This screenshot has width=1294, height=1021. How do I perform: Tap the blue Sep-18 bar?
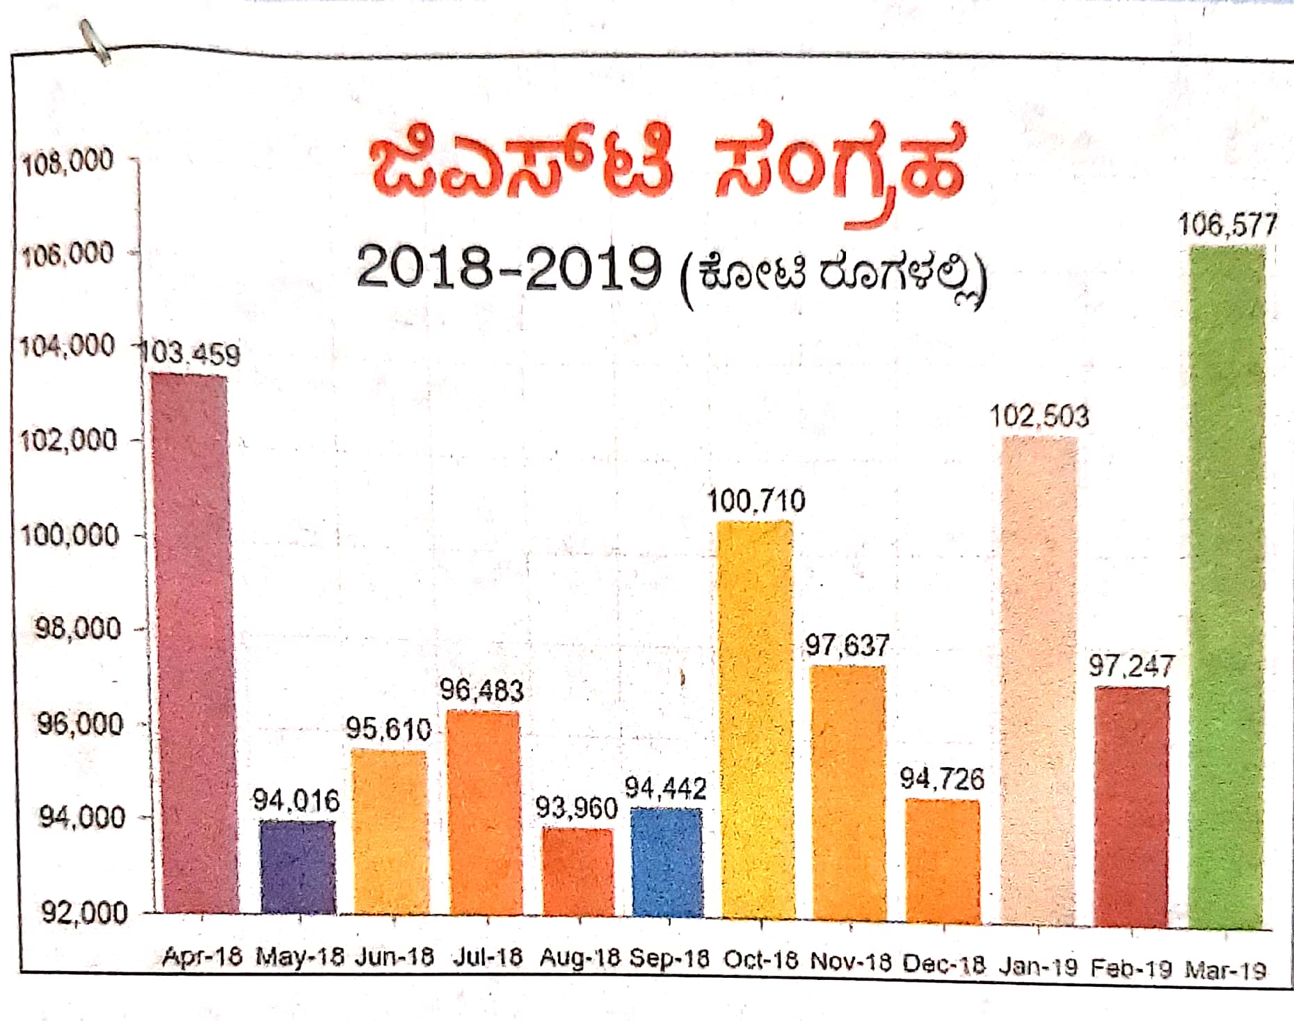coord(666,862)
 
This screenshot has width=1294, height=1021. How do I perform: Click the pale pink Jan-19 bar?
coord(1038,682)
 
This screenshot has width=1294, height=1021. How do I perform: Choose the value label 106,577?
coord(1227,225)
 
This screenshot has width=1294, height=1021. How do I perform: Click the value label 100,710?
coord(756,501)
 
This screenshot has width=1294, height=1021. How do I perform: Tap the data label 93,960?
coord(576,808)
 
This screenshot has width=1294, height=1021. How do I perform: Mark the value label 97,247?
coord(1131,666)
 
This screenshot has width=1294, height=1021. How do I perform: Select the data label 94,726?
coord(942,779)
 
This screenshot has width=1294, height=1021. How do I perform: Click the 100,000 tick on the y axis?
coord(70,536)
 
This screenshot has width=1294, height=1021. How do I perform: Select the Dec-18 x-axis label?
coord(943,965)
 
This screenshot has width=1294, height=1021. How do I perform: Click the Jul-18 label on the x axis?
coord(487,958)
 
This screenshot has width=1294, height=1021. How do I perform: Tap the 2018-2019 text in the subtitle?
coord(508,268)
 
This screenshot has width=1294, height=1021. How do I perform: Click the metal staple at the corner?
coord(95,42)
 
